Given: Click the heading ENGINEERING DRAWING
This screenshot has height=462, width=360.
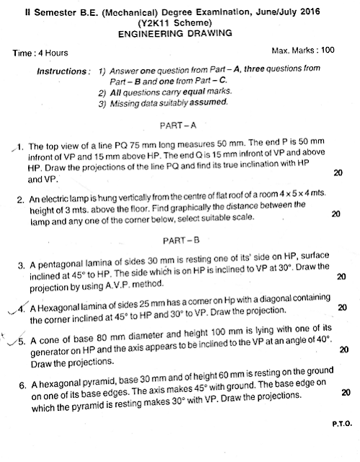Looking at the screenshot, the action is click(x=180, y=34).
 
